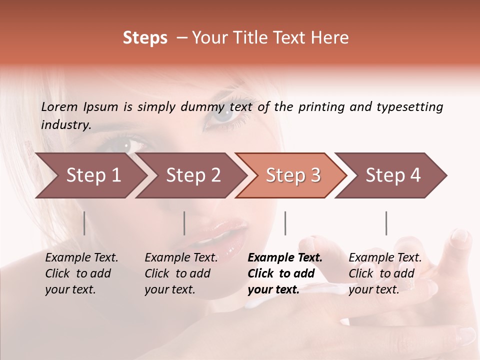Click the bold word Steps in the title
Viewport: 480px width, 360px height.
[145, 38]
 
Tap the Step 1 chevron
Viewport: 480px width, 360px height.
[93, 175]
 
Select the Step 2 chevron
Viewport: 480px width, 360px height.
[193, 175]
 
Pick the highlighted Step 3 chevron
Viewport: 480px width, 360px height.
[293, 175]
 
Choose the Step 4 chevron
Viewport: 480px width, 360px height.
[393, 175]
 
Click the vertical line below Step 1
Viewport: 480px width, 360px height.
[84, 223]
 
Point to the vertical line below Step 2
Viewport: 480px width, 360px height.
[184, 223]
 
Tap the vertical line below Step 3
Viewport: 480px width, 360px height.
[285, 223]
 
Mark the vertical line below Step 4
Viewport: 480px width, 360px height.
[386, 223]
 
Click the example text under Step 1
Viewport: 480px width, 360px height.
[81, 273]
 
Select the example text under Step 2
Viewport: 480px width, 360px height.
[181, 273]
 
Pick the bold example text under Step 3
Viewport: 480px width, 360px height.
[285, 273]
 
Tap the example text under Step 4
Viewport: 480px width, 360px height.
[385, 273]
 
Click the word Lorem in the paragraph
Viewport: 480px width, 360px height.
[59, 106]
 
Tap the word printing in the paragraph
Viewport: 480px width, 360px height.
[322, 107]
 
